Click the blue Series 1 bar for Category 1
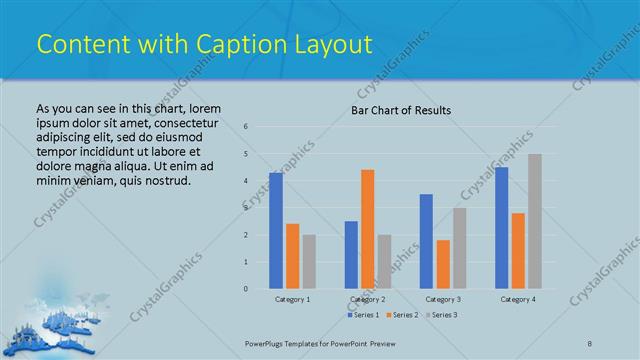(276, 231)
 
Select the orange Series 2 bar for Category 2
(367, 229)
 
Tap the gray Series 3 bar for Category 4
(535, 221)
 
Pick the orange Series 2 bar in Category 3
(443, 264)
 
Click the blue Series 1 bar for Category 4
(501, 228)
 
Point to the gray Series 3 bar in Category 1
(309, 262)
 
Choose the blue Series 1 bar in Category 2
(351, 255)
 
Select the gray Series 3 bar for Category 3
(459, 248)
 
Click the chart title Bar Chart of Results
(401, 110)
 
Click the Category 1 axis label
(292, 299)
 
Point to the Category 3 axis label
(443, 299)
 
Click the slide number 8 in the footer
(590, 343)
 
